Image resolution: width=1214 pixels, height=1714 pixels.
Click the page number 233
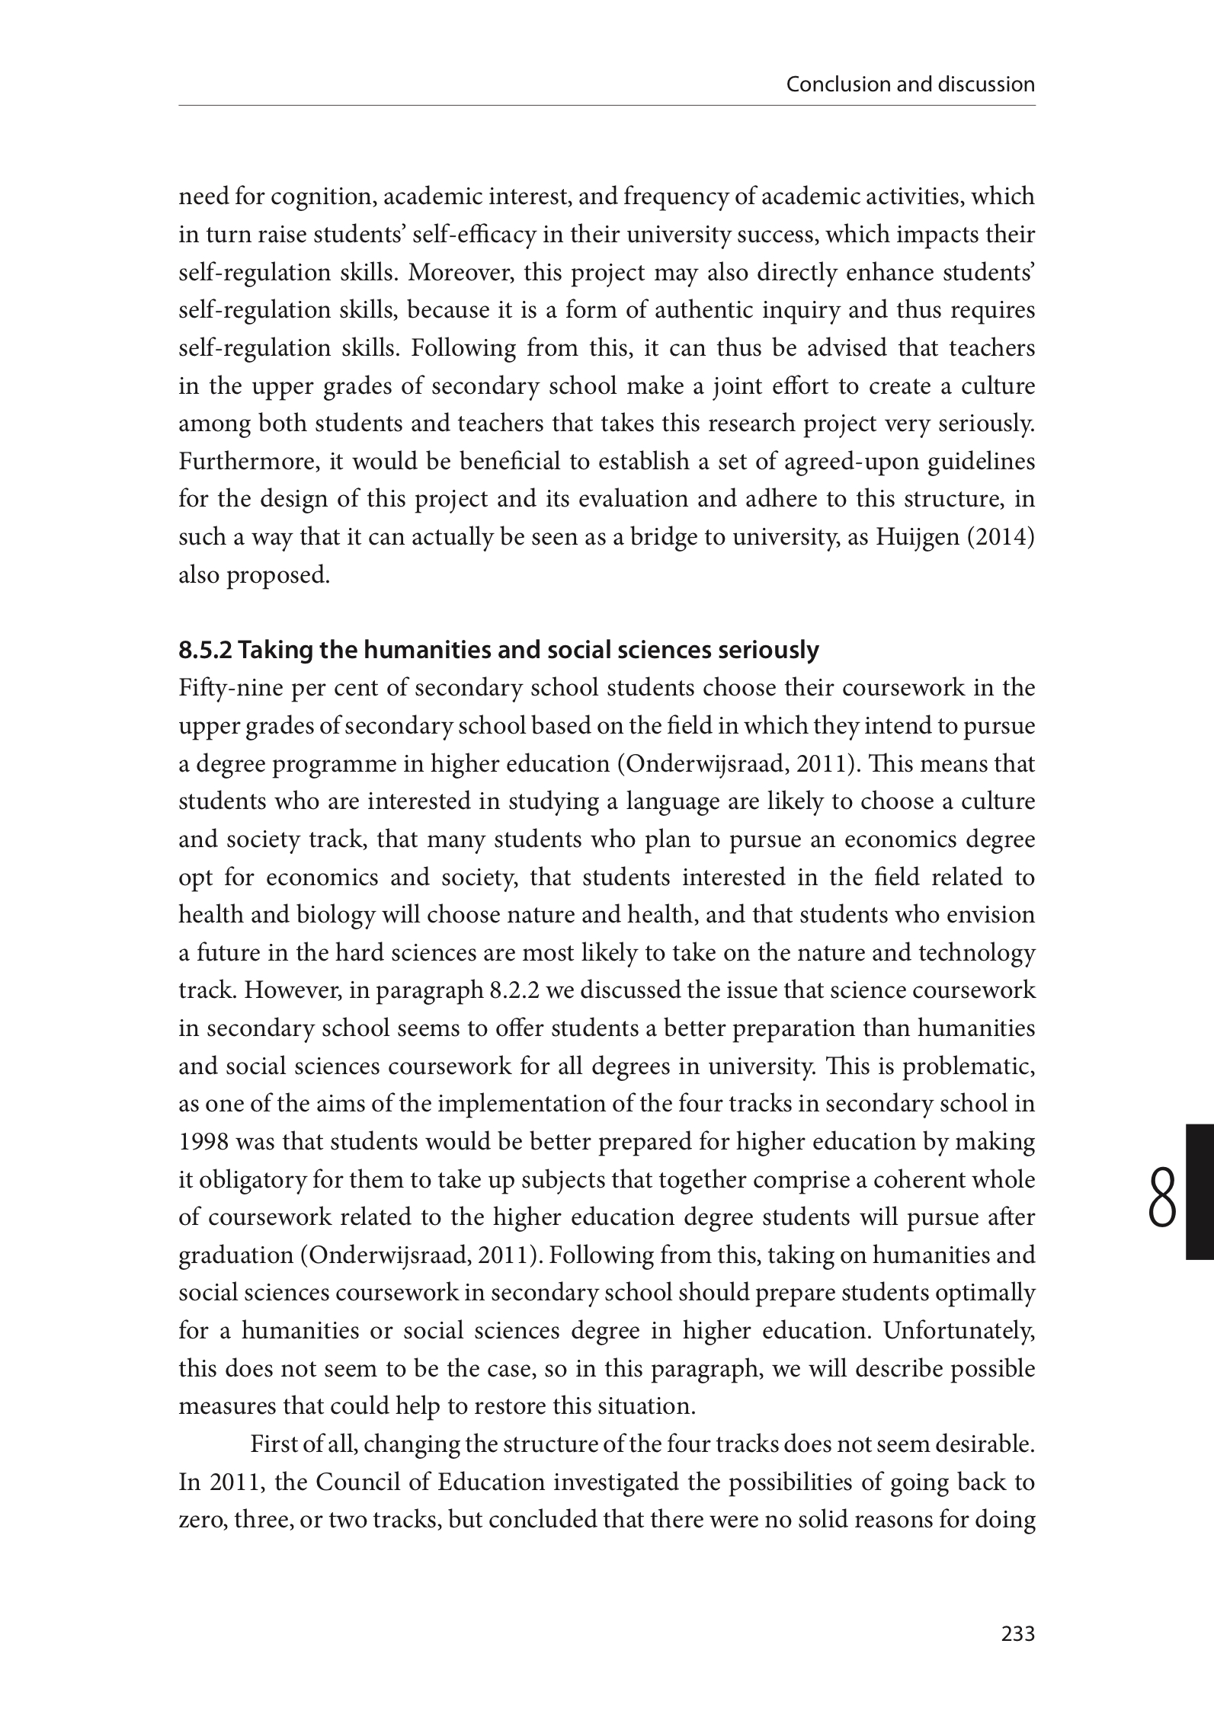tap(1017, 1634)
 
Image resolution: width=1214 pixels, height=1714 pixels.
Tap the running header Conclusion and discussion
tap(910, 84)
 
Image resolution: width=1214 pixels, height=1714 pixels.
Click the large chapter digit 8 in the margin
tap(1161, 1200)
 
